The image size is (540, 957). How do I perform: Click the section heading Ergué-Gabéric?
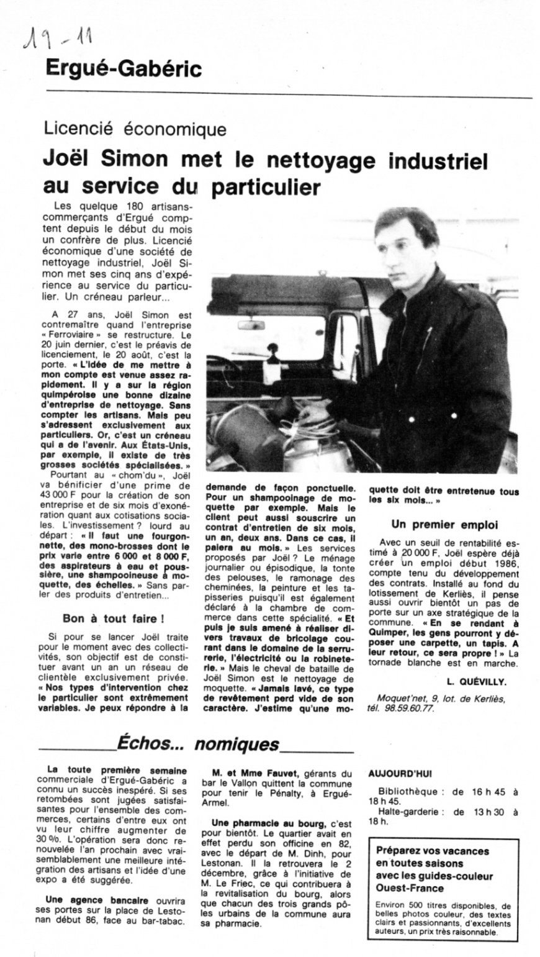(124, 68)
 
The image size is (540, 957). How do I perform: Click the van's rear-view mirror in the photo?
(251, 325)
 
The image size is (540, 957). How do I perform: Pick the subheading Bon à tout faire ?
(113, 619)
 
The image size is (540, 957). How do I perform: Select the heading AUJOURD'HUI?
(400, 774)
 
